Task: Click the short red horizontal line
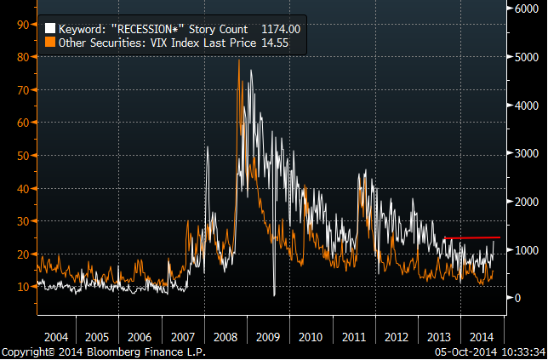(472, 237)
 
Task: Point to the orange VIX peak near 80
(238, 60)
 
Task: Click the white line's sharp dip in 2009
(274, 294)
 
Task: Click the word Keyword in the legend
(80, 28)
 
